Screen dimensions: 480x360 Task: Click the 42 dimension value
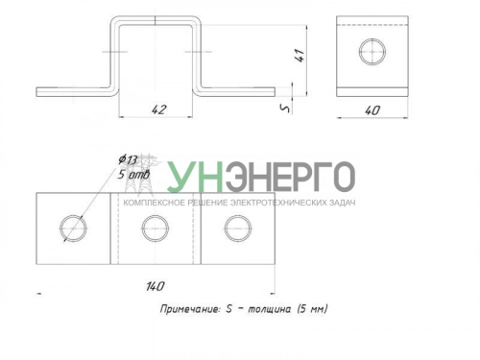[x=159, y=109]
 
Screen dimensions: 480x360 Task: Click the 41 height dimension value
[x=300, y=55]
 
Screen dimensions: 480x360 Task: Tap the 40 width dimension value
[x=372, y=110]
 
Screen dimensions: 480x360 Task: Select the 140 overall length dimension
[x=156, y=286]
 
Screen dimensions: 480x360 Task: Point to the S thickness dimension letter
[x=285, y=108]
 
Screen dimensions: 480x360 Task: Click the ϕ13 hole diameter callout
[x=128, y=159]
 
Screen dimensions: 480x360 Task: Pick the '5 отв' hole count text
[x=133, y=175]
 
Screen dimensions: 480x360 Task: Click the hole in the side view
[x=372, y=52]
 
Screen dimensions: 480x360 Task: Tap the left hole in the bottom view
[x=73, y=228]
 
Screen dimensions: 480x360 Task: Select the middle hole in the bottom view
[x=156, y=228]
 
